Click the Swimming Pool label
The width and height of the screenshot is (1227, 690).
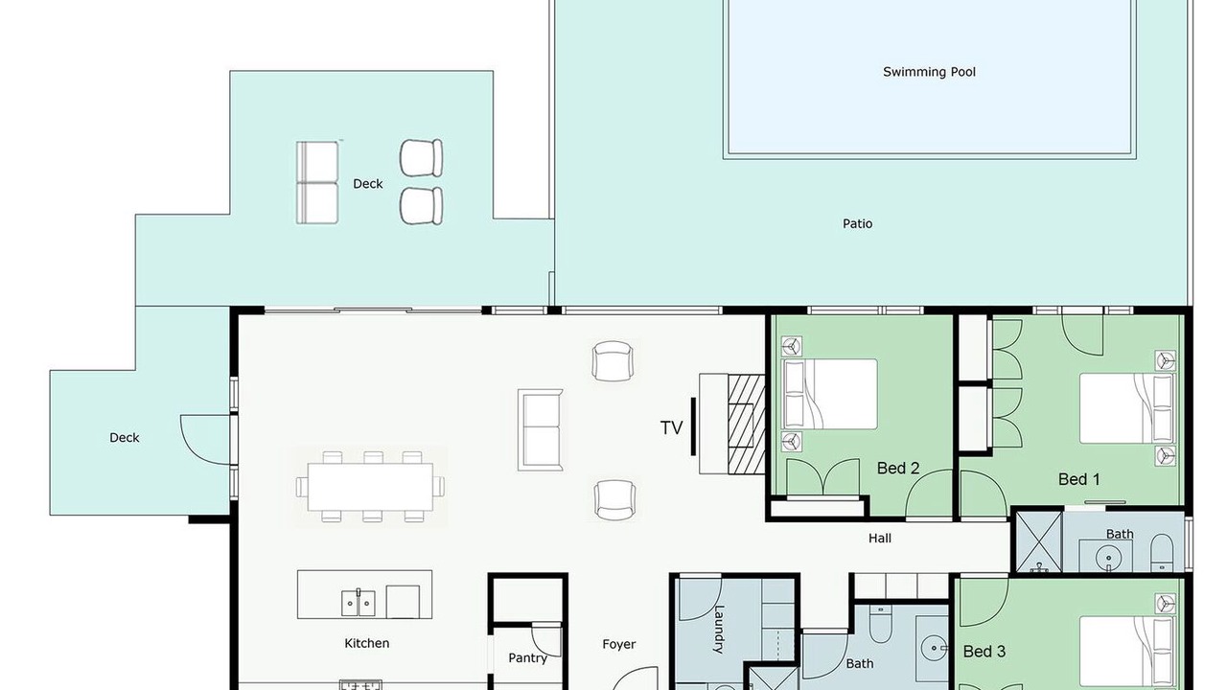pos(929,72)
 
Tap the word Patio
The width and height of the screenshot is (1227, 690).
pos(857,223)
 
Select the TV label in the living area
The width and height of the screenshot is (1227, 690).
pos(671,427)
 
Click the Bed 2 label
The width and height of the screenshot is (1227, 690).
pos(898,469)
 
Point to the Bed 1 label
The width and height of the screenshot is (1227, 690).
pos(1078,479)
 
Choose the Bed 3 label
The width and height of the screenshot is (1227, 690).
pos(984,651)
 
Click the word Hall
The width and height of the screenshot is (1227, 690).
pos(880,539)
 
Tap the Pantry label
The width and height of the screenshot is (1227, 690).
pos(527,658)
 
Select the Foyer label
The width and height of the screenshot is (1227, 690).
pos(619,645)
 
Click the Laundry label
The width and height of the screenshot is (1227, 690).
pos(719,630)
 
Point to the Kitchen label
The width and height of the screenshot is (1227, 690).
pos(367,643)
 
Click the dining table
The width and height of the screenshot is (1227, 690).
pos(370,487)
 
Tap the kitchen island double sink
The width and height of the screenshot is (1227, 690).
pos(359,603)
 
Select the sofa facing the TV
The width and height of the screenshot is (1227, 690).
pos(540,430)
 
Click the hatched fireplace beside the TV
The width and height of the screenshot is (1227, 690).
pos(746,425)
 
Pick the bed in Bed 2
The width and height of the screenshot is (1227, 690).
pos(830,394)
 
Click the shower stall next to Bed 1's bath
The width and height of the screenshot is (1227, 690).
pos(1039,541)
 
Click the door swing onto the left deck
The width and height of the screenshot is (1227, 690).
pos(205,440)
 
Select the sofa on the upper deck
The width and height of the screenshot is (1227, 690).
pos(317,183)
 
